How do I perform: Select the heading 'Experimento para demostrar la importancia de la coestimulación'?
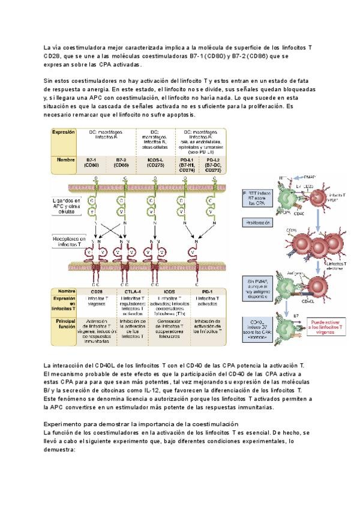(141, 424)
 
